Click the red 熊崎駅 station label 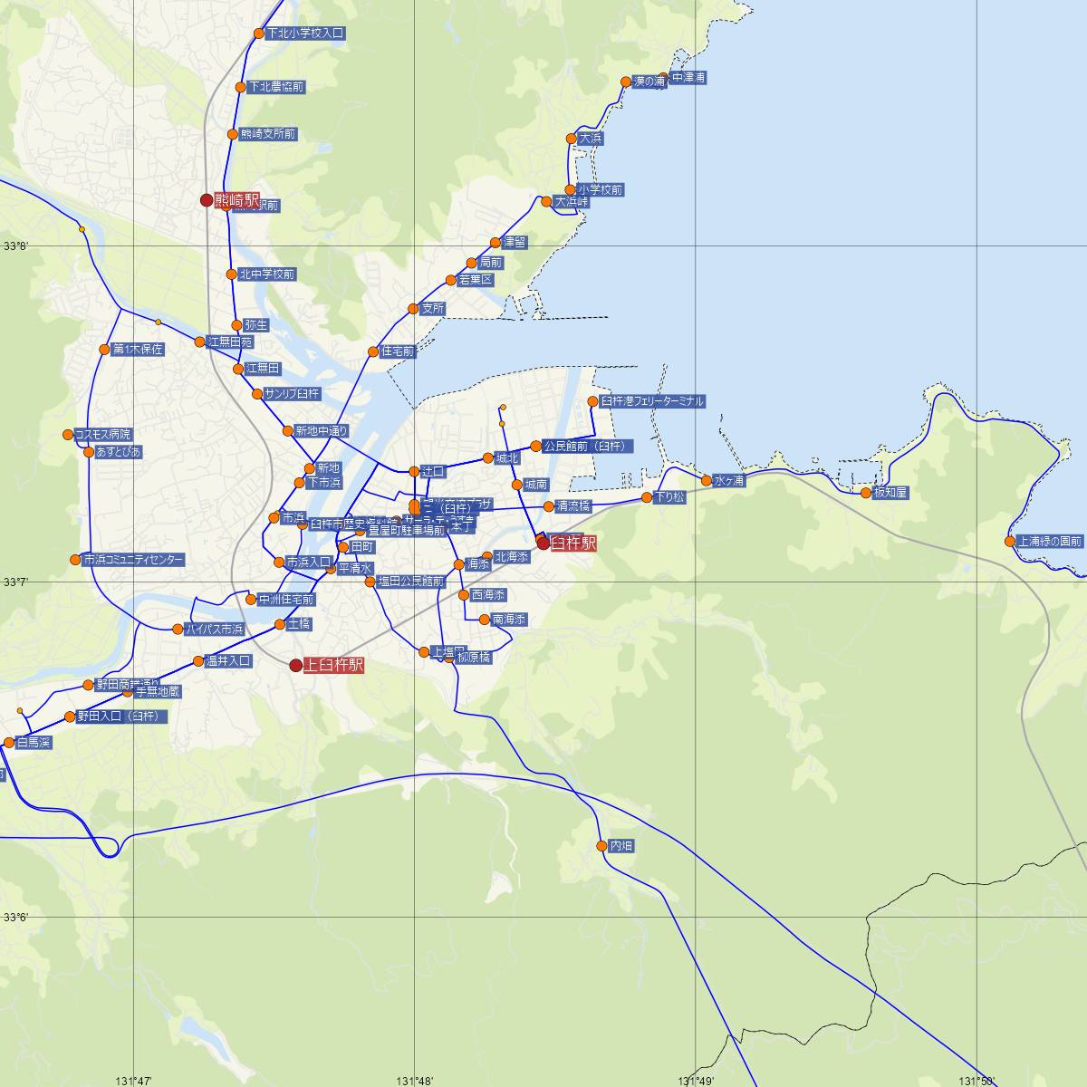(x=237, y=200)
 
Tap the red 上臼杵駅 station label (x=333, y=665)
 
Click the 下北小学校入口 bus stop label (x=306, y=34)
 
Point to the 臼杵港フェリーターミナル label (x=652, y=401)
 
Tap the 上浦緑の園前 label (x=1050, y=542)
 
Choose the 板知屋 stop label (x=890, y=493)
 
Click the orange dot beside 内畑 (x=601, y=846)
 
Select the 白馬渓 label (x=34, y=743)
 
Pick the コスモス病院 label (x=102, y=435)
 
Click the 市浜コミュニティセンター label (x=133, y=560)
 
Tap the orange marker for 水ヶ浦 (x=707, y=480)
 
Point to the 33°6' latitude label (x=16, y=918)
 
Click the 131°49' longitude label (x=696, y=1080)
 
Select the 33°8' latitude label (x=16, y=246)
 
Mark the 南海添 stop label (x=508, y=620)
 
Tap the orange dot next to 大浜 (x=571, y=139)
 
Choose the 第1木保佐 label (x=138, y=349)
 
